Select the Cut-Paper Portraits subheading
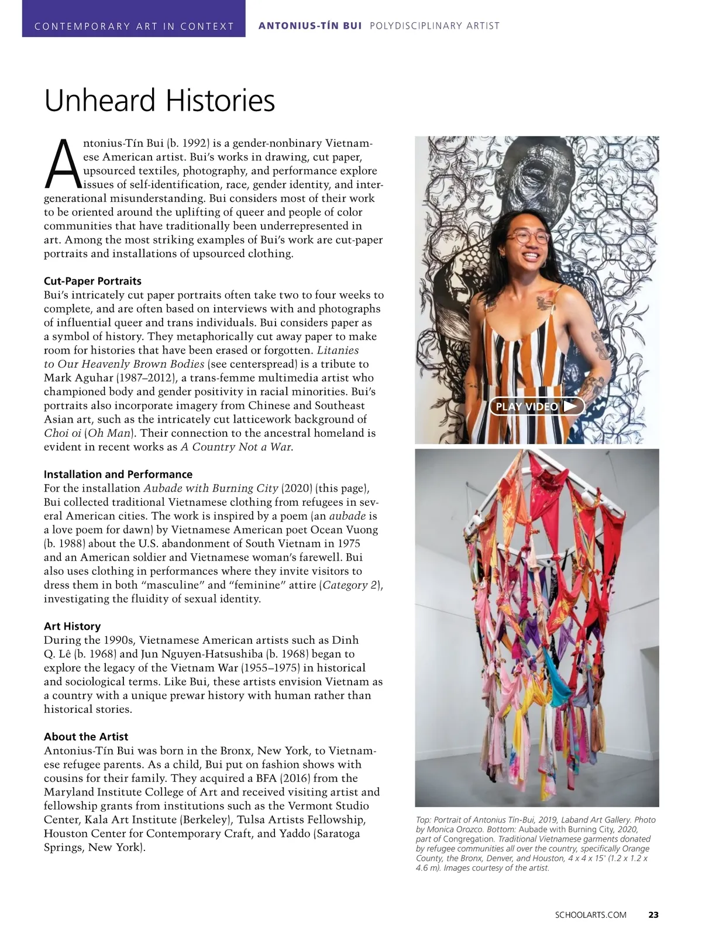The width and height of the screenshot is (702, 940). pyautogui.click(x=92, y=281)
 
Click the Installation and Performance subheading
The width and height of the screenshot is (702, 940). pyautogui.click(x=118, y=474)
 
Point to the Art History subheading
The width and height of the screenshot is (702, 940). pyautogui.click(x=72, y=626)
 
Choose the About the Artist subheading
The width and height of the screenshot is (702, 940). pyautogui.click(x=86, y=736)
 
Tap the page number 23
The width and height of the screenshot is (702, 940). pyautogui.click(x=653, y=915)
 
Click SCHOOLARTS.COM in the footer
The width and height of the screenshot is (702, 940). pyautogui.click(x=590, y=915)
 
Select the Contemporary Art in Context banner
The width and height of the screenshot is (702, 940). pyautogui.click(x=134, y=26)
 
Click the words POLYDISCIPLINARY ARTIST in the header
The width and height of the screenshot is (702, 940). pyautogui.click(x=435, y=26)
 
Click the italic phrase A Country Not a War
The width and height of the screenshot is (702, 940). pyautogui.click(x=236, y=447)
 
